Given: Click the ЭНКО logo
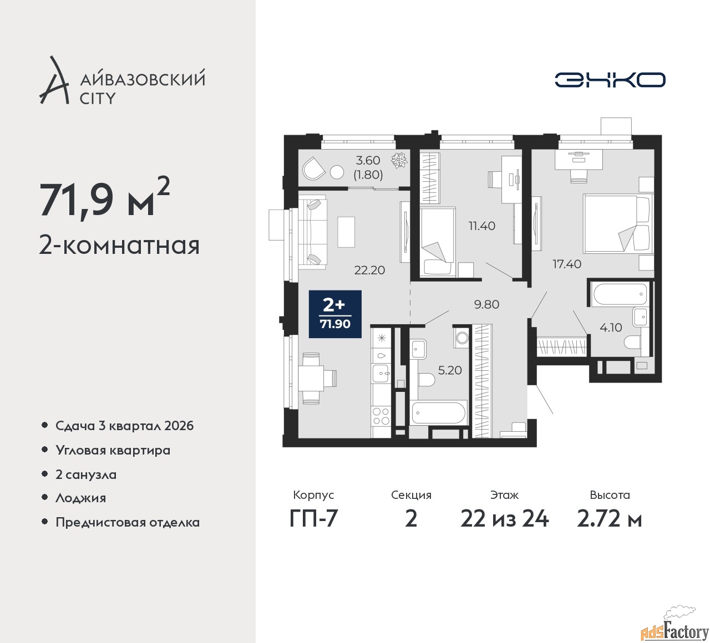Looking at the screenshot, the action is [610, 80].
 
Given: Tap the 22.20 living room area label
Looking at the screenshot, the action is [369, 270].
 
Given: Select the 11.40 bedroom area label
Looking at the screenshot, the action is [481, 226].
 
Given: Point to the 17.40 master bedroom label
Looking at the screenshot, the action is [567, 264].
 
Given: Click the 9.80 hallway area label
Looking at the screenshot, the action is [486, 304].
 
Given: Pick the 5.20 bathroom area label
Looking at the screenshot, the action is [450, 370].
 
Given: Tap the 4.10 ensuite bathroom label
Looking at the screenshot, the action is [611, 328].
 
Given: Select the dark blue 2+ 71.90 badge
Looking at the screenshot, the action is [335, 314].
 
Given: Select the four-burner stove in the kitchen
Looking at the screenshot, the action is [381, 416].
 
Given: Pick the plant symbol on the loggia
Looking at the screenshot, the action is [399, 161].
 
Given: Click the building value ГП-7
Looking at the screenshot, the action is [313, 519].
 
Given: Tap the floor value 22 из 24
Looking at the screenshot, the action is [504, 519].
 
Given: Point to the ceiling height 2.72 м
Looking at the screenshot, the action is [609, 519].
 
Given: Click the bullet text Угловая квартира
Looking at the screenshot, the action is [113, 451].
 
